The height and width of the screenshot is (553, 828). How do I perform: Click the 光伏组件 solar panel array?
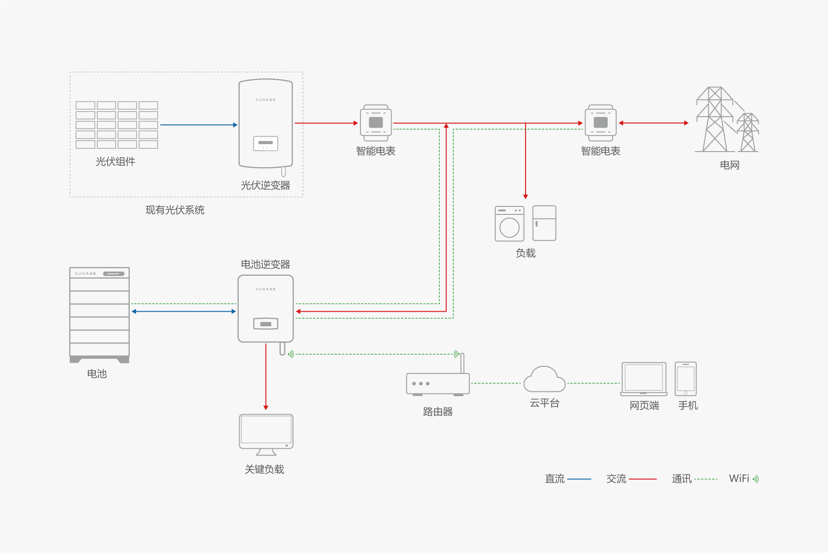[x=117, y=125]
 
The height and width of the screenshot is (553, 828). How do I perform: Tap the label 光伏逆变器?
[x=265, y=185]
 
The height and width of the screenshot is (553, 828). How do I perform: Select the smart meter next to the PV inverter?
[x=376, y=123]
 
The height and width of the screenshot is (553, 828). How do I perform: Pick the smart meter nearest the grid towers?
[x=601, y=123]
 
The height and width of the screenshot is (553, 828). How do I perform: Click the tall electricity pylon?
[x=715, y=120]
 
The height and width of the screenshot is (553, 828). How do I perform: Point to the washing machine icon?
[x=509, y=224]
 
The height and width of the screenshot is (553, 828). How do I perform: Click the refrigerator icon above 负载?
[x=544, y=223]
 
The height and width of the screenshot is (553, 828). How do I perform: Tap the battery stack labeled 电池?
[x=99, y=315]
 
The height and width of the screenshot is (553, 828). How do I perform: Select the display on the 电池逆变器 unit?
[x=266, y=323]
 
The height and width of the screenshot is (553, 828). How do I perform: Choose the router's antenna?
[x=462, y=363]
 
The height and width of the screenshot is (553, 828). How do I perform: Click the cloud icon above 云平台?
[x=544, y=380]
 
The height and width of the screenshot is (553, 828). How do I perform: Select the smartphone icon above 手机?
[x=686, y=379]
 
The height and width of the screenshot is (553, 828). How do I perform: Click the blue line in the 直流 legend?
[x=579, y=479]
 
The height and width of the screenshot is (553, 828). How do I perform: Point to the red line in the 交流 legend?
[x=643, y=479]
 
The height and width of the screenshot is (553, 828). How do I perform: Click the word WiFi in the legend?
[x=739, y=478]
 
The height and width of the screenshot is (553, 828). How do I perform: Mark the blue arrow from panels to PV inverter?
[x=198, y=125]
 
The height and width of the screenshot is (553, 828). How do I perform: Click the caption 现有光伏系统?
[x=175, y=210]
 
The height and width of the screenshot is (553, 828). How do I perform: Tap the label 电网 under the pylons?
[x=729, y=165]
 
